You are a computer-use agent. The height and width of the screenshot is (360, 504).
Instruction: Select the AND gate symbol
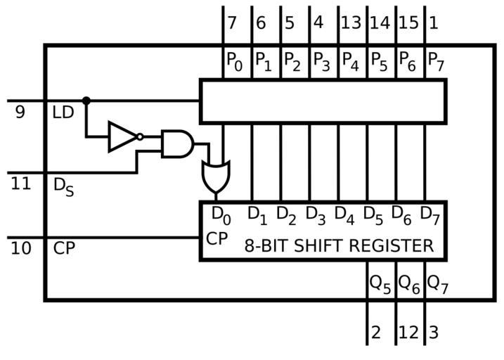176,143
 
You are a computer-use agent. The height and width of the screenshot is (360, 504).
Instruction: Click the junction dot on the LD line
86,101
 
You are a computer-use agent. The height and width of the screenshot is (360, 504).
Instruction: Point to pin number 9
20,112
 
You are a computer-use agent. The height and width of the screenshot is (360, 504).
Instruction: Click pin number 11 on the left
21,184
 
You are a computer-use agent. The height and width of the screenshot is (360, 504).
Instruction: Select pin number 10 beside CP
21,248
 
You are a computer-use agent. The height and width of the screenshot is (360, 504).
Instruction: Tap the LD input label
63,112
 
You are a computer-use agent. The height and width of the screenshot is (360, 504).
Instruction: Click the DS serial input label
64,186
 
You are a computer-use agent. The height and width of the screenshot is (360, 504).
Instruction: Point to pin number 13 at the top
350,23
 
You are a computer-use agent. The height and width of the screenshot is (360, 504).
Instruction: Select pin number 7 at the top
232,23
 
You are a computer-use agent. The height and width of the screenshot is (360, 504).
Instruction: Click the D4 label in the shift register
344,214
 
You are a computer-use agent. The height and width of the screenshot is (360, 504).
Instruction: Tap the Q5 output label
380,283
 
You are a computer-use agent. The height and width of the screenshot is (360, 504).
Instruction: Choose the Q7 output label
437,283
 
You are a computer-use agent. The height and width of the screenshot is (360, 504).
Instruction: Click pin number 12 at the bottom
408,332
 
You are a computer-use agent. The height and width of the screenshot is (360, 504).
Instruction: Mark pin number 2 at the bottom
376,332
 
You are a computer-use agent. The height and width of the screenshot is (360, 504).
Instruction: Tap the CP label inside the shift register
217,238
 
